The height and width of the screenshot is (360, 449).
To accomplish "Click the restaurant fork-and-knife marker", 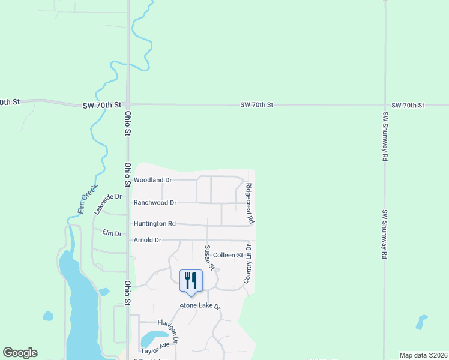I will coord(191,280).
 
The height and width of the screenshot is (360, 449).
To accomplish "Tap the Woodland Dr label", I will coord(152,180).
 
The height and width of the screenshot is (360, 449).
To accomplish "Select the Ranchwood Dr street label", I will coord(155,203).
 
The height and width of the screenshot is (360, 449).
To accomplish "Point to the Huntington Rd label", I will coord(154,224).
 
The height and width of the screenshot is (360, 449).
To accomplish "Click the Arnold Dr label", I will coord(148,240).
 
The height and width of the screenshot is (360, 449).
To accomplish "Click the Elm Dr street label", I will coord(112,233).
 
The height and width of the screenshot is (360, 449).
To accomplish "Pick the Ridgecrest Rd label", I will coord(249,203).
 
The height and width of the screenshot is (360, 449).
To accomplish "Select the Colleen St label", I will coord(228,255).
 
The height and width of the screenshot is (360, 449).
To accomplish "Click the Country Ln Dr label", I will coord(247,264).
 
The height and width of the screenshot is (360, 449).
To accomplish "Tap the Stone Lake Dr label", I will coord(201,307).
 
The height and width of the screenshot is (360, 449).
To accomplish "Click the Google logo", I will coord(20,353).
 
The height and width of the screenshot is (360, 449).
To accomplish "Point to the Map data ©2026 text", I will coord(423,355).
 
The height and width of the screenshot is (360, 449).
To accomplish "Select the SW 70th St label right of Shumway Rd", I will coord(408,105).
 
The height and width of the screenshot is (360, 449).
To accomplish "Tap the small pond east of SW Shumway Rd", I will coord(422,322).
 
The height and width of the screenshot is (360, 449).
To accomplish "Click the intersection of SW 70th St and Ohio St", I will coord(128,104).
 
